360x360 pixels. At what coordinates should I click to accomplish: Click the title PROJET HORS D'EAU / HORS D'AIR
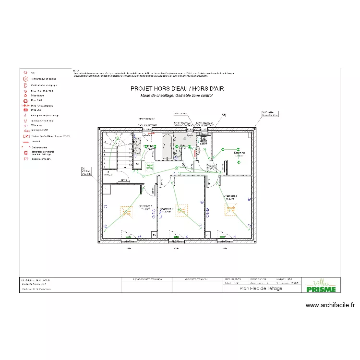click(177, 89)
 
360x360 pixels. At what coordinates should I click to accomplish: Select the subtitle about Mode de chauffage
click(177, 96)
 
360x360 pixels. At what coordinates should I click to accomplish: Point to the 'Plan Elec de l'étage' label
click(261, 288)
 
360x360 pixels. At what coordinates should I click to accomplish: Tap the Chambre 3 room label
click(230, 196)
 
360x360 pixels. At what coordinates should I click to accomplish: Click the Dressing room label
click(239, 153)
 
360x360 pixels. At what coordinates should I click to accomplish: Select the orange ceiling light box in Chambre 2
click(181, 210)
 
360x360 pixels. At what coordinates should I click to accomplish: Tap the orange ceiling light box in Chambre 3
click(232, 209)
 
